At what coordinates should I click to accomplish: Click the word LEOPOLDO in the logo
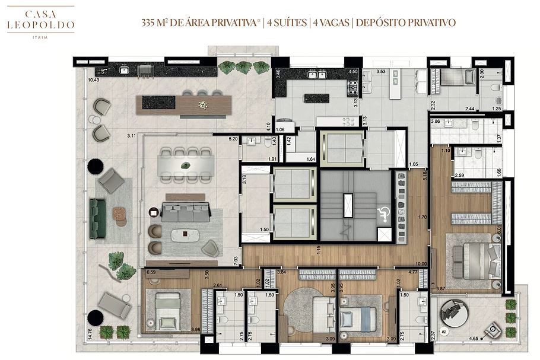click(x=41, y=25)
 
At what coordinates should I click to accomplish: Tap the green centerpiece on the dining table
click(x=186, y=164)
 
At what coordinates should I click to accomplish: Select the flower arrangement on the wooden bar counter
click(x=204, y=105)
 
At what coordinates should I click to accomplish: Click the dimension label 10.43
click(x=93, y=79)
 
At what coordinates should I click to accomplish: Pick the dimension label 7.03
click(x=236, y=259)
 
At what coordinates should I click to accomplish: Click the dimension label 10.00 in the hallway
click(x=421, y=264)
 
